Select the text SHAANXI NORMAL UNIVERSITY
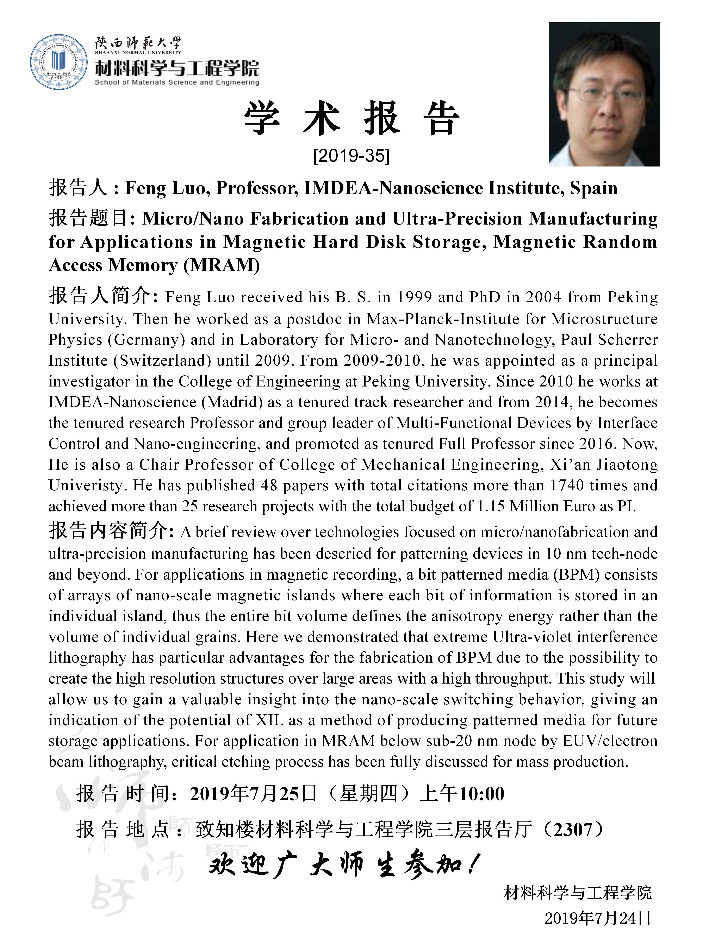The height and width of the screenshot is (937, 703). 138,52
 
